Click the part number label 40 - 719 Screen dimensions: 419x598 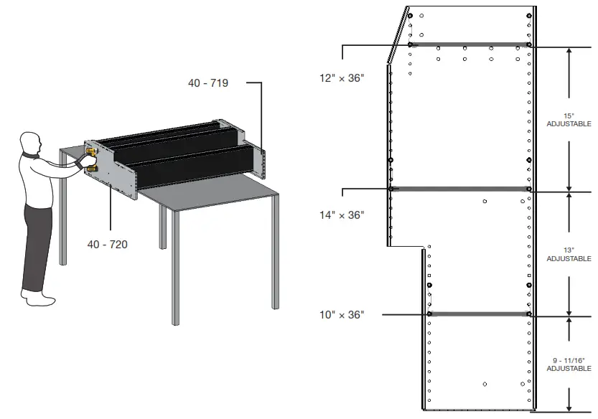(x=208, y=83)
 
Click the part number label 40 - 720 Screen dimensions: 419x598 (x=108, y=245)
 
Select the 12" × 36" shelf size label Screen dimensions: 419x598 (x=342, y=77)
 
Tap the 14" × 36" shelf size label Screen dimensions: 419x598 (x=342, y=215)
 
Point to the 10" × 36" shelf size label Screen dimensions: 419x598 (x=342, y=314)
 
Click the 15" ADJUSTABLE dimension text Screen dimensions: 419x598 (x=569, y=120)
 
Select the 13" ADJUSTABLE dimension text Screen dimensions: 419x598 (x=569, y=254)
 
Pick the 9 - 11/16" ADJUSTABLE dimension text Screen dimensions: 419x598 (x=569, y=364)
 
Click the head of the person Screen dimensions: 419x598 (x=30, y=142)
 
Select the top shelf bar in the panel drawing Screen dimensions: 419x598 (x=469, y=44)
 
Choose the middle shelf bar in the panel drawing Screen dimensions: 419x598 (x=459, y=189)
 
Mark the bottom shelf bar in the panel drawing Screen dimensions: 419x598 (x=478, y=314)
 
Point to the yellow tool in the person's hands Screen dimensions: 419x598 (x=92, y=159)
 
